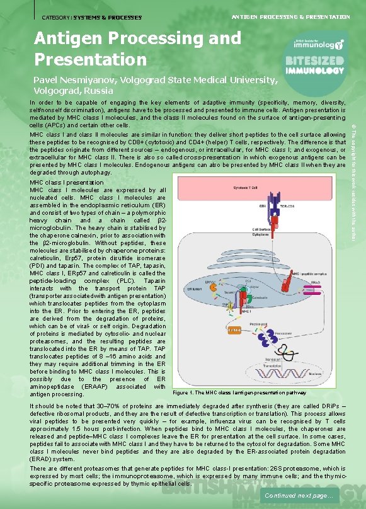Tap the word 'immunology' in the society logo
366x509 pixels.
tap(317, 45)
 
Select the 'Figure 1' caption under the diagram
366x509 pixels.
tap(239, 392)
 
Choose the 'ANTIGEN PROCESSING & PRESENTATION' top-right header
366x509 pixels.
tap(292, 17)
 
